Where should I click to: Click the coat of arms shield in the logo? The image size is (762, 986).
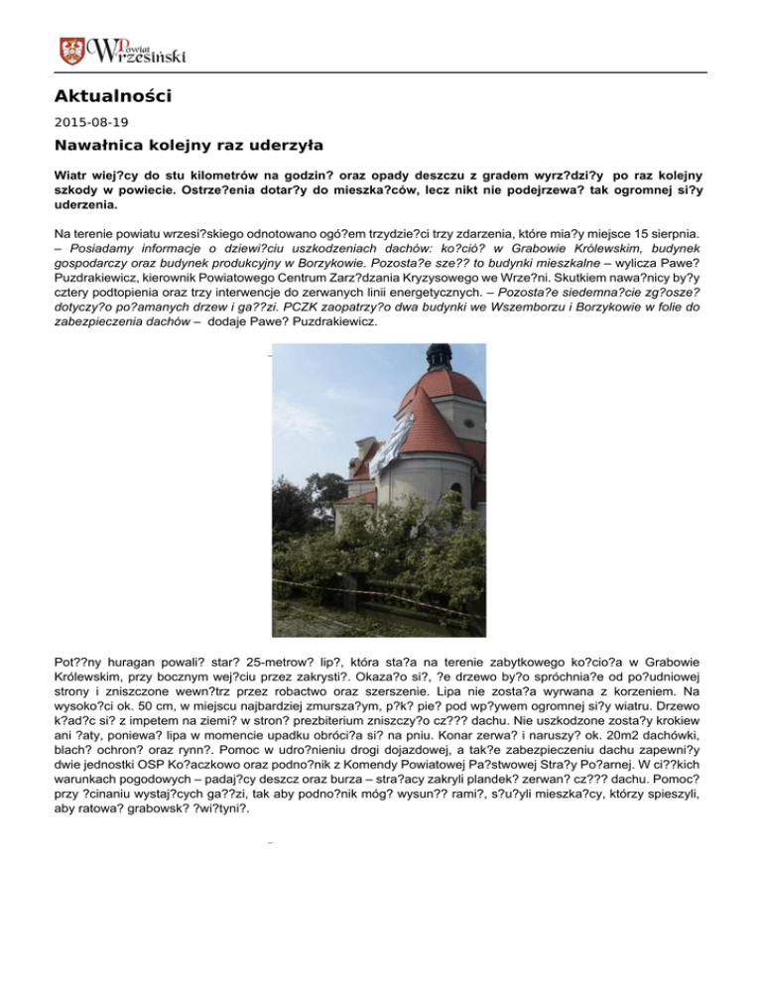70,50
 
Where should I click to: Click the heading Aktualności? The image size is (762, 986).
112,97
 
